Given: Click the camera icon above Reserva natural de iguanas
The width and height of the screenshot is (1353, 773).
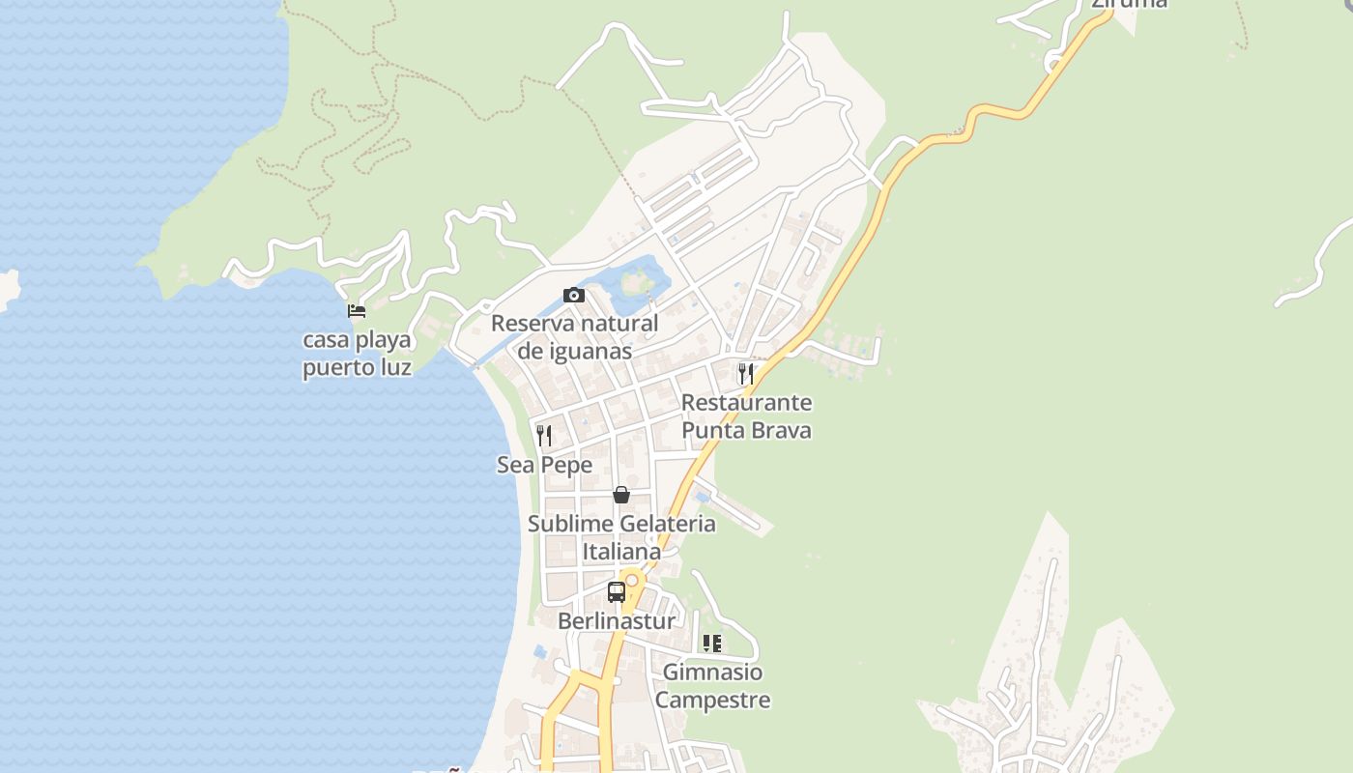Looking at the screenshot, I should (x=574, y=296).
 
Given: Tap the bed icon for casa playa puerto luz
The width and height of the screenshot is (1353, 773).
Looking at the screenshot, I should (x=357, y=311).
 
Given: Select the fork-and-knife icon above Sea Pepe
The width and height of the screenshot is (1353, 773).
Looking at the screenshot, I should (x=544, y=436).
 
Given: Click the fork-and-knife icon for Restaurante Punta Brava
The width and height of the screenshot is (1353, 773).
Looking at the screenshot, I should (x=746, y=374).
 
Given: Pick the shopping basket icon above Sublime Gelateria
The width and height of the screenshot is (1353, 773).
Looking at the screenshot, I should (x=621, y=495).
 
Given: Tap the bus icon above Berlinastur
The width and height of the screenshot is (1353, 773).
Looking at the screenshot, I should (x=617, y=592).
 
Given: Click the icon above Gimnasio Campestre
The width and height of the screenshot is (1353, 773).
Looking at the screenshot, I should (x=712, y=644).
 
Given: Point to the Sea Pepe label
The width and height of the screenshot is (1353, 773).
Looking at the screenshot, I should (x=544, y=465).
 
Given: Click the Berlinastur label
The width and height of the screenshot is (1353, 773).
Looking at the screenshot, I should (x=617, y=621).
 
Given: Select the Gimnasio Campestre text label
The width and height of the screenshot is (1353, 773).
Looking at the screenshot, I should (x=712, y=686).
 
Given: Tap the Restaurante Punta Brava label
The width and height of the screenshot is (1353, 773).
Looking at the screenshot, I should (x=746, y=416).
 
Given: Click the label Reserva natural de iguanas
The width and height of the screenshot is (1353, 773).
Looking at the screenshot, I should (x=574, y=337).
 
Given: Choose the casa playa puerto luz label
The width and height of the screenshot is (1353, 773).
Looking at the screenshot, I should (x=357, y=354).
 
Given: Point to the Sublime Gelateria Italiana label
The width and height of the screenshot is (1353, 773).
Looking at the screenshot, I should (x=621, y=537).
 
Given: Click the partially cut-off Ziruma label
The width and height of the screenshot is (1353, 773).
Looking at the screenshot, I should (x=1129, y=3).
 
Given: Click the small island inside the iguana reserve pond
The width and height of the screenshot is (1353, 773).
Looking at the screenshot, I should (x=634, y=283).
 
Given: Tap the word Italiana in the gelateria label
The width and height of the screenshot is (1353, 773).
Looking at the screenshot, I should (x=621, y=552).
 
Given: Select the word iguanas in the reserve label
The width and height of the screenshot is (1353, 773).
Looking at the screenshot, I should (x=574, y=351).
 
